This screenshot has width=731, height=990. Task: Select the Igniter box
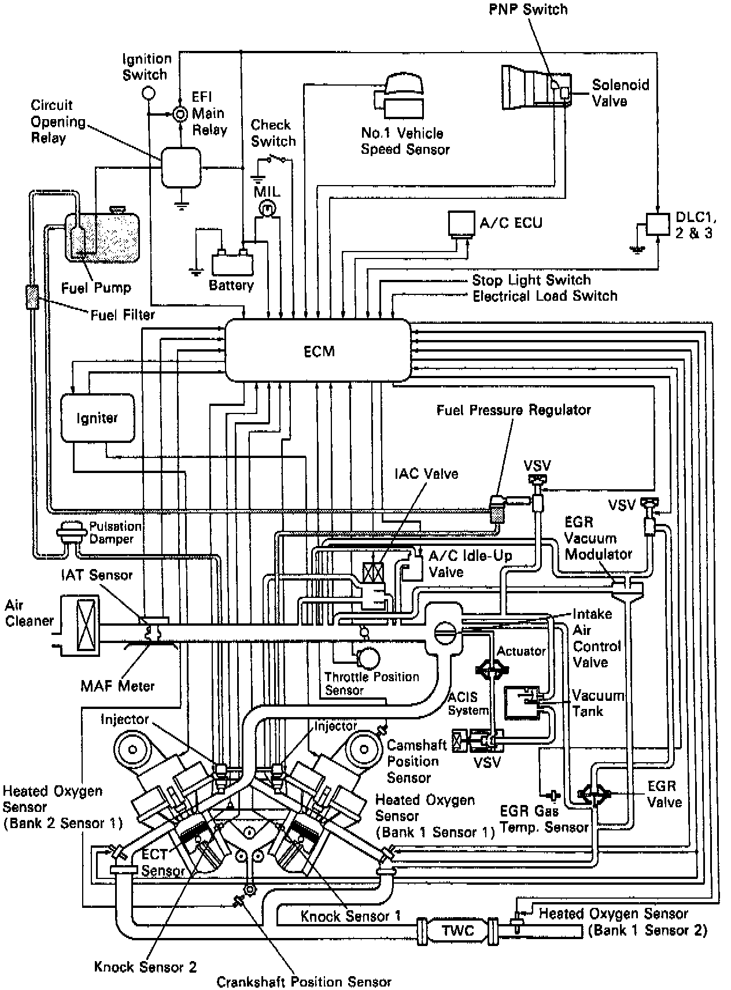[x=97, y=418]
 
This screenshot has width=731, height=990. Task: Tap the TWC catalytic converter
[x=457, y=930]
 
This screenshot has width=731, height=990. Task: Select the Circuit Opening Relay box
[x=180, y=167]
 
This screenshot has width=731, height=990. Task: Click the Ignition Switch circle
[x=149, y=92]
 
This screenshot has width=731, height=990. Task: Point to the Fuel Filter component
[x=32, y=297]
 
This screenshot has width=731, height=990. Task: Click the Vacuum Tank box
[x=522, y=702]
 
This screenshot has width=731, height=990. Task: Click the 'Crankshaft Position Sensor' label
[x=304, y=981]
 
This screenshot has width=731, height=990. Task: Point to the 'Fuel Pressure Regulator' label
[x=513, y=410]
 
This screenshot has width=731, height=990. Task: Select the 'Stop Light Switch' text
[x=531, y=280]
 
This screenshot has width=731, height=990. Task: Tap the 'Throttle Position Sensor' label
[x=371, y=683]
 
